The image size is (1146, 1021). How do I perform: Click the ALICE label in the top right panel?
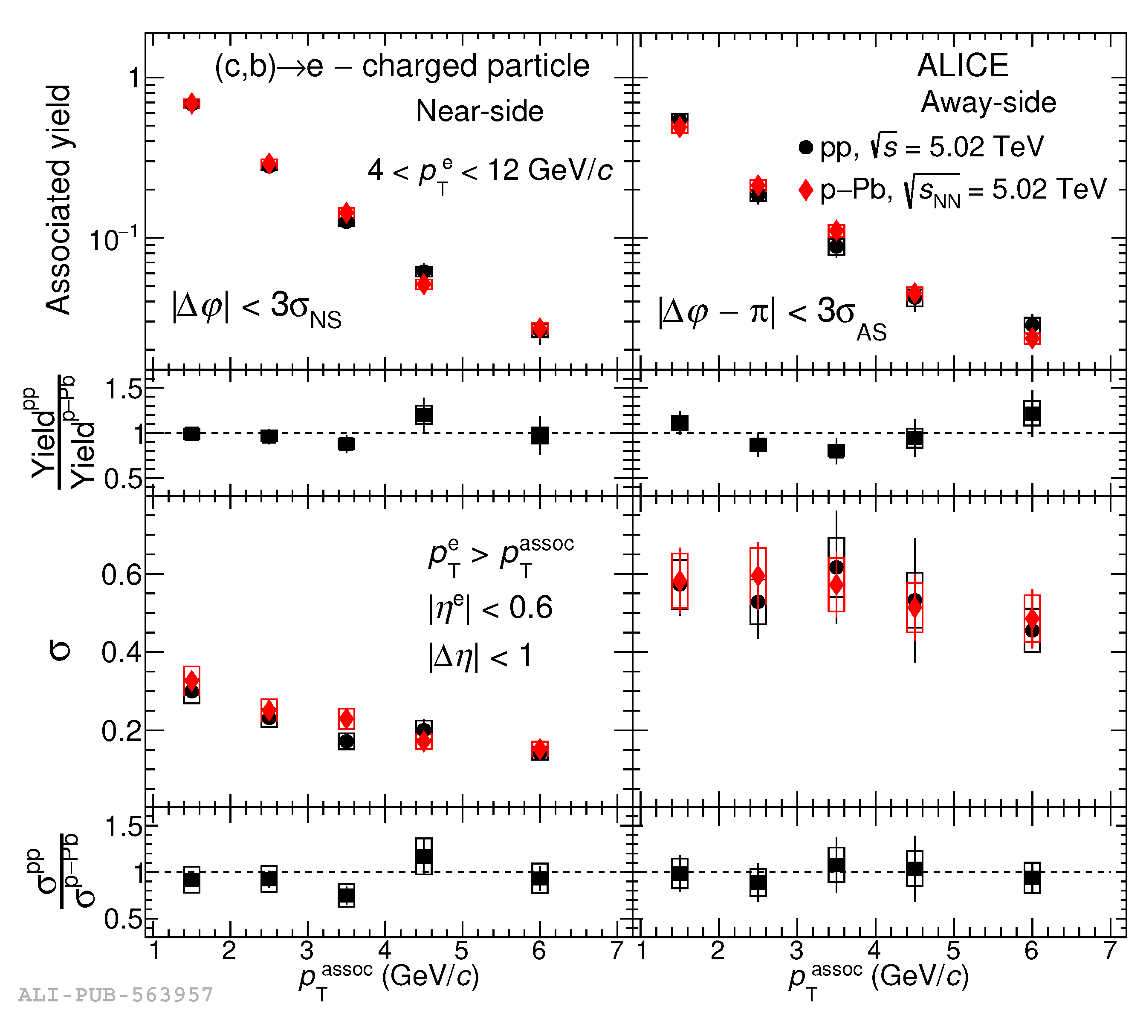point(963,66)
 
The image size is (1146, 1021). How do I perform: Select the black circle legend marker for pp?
point(805,147)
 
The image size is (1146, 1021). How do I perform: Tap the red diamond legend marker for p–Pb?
point(805,190)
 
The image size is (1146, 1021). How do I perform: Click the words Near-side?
point(479,111)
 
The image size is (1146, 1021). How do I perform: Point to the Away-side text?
point(988,103)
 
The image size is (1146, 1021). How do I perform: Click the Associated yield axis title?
point(58,200)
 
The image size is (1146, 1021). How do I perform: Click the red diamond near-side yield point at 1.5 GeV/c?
point(191,103)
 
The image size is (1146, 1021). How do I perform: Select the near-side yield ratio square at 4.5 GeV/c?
point(424,415)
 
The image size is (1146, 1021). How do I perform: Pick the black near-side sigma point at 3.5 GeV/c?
point(346,741)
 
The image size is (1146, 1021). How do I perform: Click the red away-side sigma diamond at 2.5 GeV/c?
point(758,576)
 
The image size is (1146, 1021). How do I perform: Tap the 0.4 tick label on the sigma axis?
point(121,652)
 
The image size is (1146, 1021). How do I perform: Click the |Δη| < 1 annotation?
point(480,656)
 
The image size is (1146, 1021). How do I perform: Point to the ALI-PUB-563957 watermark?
point(116,995)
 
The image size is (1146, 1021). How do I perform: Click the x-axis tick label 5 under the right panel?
point(953,950)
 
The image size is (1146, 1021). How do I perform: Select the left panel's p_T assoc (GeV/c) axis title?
point(388,978)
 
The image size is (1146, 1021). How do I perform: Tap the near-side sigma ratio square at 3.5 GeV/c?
point(346,895)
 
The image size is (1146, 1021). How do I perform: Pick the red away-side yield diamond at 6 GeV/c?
point(1031,338)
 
